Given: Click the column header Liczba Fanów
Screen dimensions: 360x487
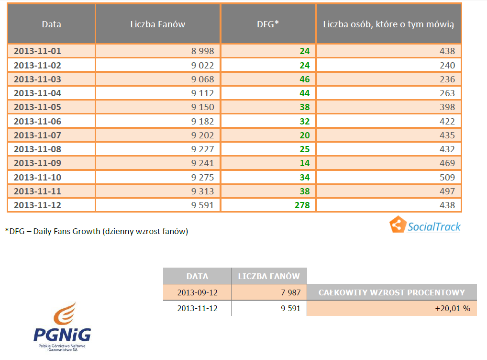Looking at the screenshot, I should (157, 24).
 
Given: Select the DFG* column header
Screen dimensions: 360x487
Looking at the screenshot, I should (268, 24).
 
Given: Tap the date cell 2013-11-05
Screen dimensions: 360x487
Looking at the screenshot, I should (37, 107).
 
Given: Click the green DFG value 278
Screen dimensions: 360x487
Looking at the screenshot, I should (302, 205).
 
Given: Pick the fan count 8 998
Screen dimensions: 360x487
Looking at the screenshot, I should (203, 51).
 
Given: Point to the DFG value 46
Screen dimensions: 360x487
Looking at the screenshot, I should (305, 79).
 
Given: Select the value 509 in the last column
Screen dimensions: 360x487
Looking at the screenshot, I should (447, 177).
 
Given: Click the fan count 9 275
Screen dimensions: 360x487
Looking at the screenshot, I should (203, 177).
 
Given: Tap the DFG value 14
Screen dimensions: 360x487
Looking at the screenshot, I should (305, 163).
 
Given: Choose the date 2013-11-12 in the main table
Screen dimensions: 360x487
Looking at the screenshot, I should (37, 205).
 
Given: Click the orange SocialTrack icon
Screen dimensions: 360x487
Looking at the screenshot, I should (397, 225).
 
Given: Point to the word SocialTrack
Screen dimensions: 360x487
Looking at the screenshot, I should (434, 226).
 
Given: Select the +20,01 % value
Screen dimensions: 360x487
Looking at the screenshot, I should (452, 309).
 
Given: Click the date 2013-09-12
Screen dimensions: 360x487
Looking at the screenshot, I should (197, 292).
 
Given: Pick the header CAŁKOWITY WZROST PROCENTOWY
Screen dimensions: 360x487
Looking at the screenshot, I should (392, 292).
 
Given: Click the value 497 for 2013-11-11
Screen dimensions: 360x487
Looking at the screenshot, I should (447, 191).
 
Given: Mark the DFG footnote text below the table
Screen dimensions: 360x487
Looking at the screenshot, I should (97, 232).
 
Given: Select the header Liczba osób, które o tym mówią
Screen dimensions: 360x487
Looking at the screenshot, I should (388, 24).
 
